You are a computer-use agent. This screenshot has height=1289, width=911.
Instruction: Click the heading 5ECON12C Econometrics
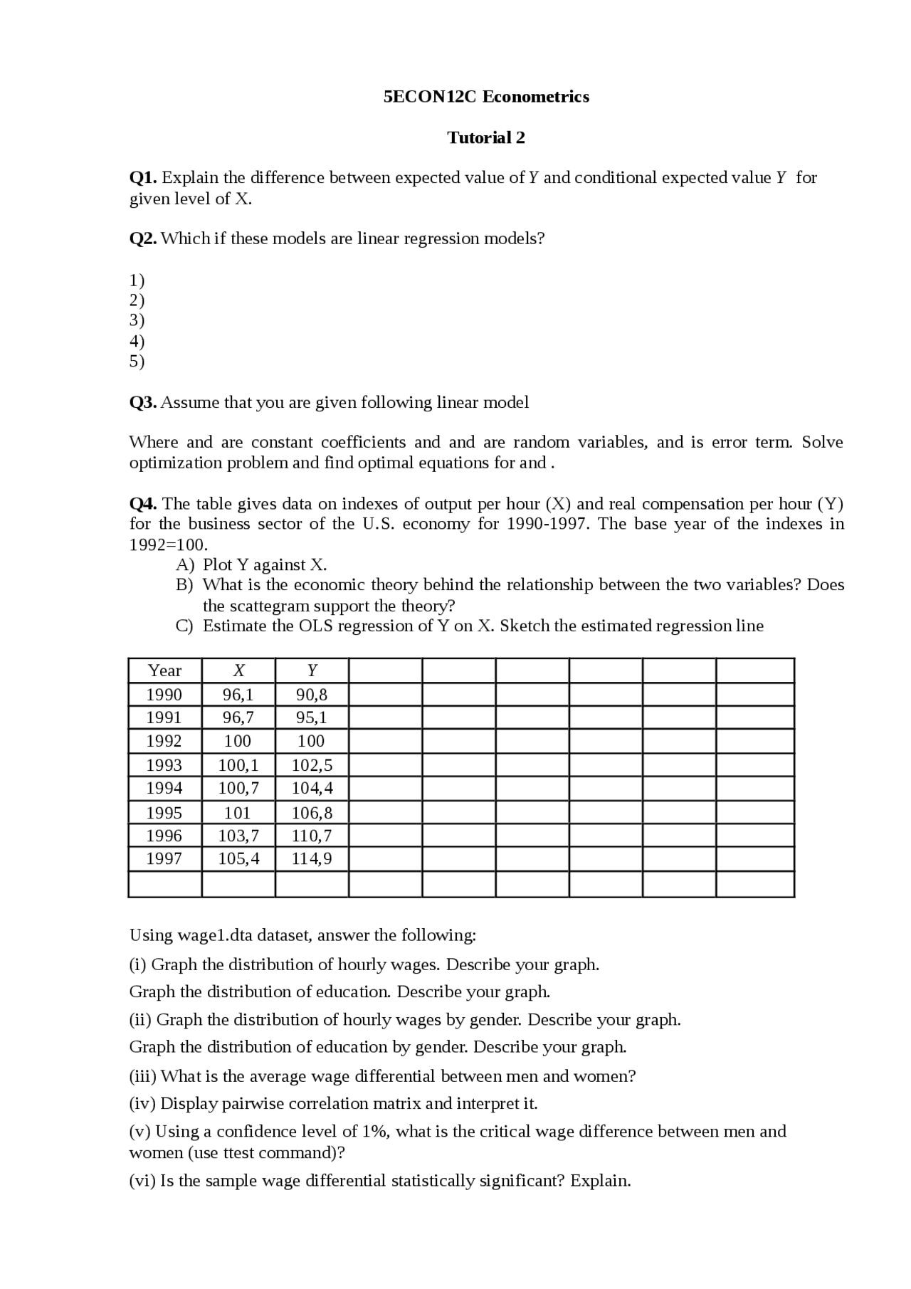coord(486,97)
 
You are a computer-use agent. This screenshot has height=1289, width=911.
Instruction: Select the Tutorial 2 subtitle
coord(486,137)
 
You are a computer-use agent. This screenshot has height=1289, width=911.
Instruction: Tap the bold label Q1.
coord(142,177)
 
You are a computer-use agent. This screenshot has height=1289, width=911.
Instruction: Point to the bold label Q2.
coord(142,238)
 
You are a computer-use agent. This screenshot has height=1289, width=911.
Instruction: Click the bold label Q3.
coord(142,402)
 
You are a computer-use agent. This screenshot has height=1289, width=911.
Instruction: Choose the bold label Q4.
coord(142,504)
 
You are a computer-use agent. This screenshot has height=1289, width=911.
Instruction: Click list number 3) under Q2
coord(137,320)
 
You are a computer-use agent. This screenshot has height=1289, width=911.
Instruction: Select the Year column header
coord(164,670)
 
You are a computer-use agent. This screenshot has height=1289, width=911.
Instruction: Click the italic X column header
coord(238,670)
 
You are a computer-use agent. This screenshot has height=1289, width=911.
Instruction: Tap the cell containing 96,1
coord(238,695)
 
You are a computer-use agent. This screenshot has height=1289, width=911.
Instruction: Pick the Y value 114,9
coord(312,858)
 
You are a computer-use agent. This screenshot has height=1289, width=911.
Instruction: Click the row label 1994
coord(164,788)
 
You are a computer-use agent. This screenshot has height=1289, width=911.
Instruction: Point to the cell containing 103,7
coord(238,836)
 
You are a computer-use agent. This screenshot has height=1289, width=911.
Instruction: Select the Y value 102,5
coord(312,765)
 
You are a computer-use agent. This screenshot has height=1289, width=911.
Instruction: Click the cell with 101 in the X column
coord(238,813)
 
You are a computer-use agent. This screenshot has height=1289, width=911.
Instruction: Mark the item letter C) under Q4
coord(184,626)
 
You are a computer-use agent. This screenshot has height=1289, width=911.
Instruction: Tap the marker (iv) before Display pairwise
coord(142,1104)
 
